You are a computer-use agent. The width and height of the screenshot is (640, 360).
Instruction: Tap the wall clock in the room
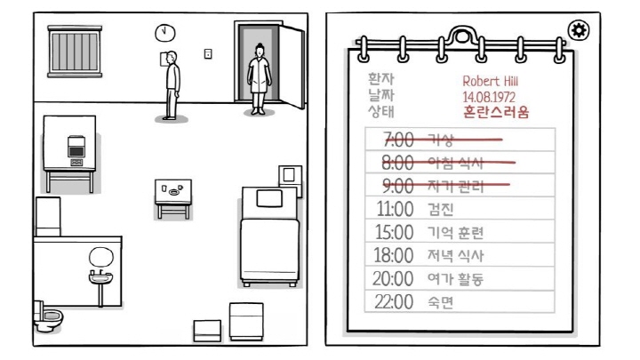tap(164, 32)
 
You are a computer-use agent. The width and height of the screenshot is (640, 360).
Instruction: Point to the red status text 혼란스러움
tap(496, 112)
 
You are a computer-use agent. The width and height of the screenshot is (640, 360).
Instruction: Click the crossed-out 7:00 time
tap(398, 140)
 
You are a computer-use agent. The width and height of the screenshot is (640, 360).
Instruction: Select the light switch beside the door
tap(208, 53)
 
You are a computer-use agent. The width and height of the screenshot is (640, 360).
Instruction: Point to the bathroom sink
tap(101, 276)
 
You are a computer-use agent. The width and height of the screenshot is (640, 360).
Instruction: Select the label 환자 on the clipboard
tap(380, 80)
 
